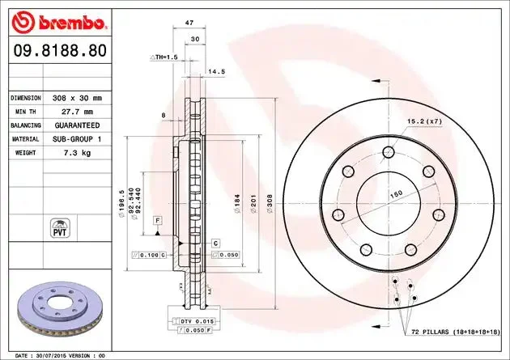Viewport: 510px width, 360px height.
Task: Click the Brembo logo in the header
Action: point(58,23)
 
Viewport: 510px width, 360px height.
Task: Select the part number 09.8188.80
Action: point(60,51)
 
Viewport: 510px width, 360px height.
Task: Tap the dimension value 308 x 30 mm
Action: point(77,98)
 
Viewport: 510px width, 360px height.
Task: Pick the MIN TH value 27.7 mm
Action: point(77,112)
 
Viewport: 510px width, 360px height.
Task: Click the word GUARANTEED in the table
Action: point(77,125)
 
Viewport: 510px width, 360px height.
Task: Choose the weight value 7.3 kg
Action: point(77,153)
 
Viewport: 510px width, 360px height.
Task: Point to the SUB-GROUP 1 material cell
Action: point(77,139)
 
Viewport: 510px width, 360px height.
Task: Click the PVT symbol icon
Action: point(60,228)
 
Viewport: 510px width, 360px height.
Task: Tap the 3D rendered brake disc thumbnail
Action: point(60,309)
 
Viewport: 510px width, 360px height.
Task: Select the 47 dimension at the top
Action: point(189,23)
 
